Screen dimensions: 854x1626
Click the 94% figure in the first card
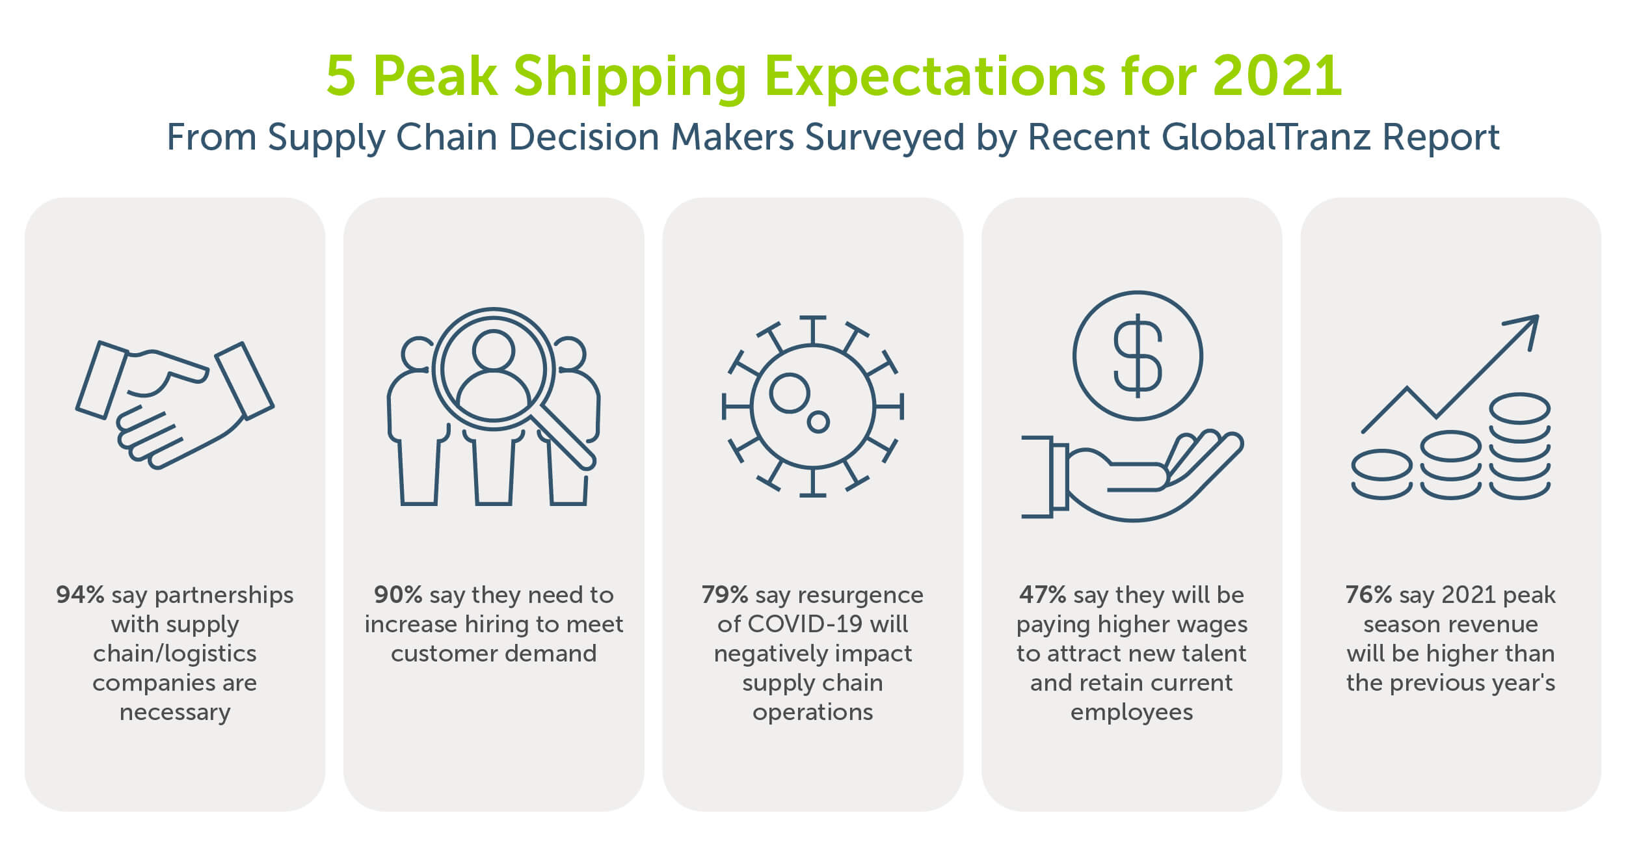tap(80, 595)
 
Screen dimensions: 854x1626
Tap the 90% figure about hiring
tap(398, 595)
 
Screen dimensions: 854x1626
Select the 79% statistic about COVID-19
tap(725, 595)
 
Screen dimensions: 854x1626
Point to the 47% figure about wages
tap(1043, 595)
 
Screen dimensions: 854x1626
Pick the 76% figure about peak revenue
tap(1368, 595)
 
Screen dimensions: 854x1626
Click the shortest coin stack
tap(1381, 475)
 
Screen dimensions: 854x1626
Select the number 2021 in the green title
tap(1277, 76)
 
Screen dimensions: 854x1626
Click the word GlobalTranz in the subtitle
tap(1266, 137)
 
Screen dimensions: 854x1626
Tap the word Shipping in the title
tap(630, 76)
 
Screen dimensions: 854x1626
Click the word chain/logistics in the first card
tap(174, 654)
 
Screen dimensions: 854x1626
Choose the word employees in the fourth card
tap(1132, 712)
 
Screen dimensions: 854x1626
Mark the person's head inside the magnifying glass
tap(494, 350)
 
